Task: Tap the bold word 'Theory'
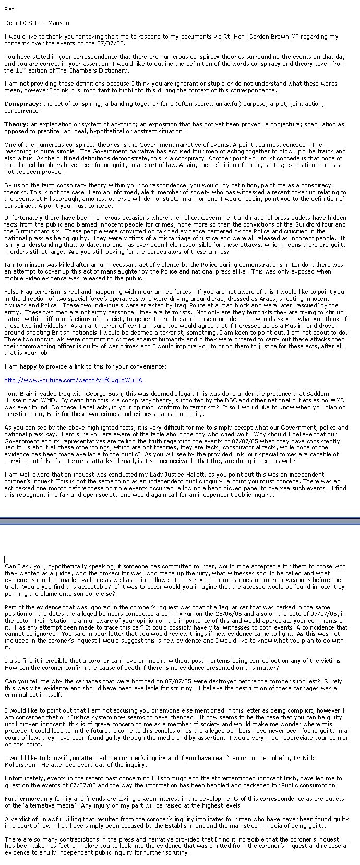coord(15,124)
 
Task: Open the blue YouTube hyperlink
coord(73,380)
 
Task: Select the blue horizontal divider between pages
coord(180,520)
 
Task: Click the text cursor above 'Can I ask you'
coord(5,560)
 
